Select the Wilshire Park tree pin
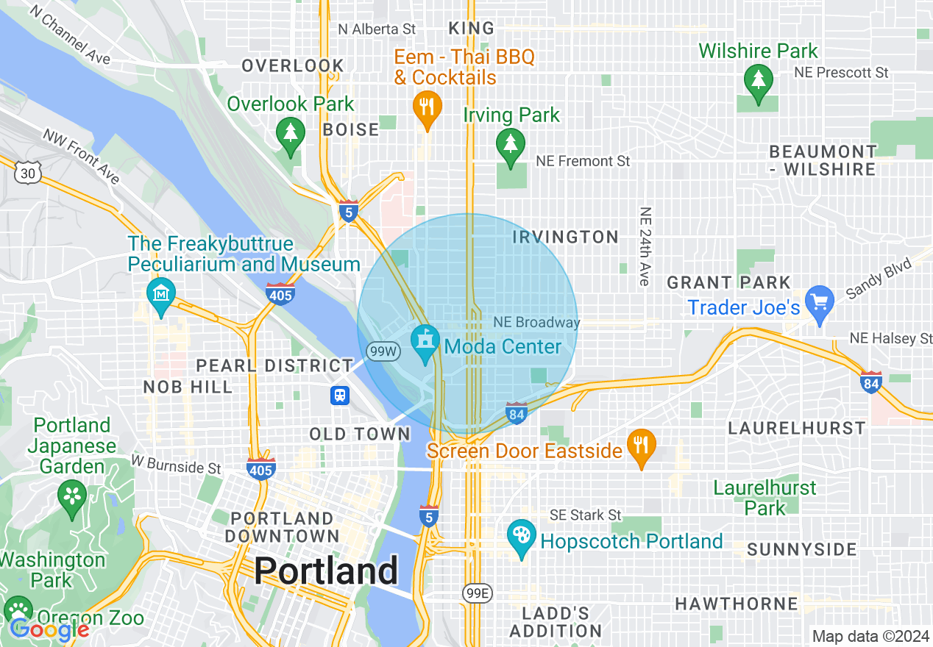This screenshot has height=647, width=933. [x=758, y=78]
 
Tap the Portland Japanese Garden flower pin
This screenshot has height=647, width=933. [x=72, y=496]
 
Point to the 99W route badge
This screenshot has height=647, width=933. [x=383, y=351]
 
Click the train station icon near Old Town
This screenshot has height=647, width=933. [x=339, y=395]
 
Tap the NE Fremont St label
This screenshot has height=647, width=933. [x=583, y=160]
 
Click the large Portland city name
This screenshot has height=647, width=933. [x=326, y=571]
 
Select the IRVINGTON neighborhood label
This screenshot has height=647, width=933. [x=565, y=237]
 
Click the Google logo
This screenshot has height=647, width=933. [x=49, y=629]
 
